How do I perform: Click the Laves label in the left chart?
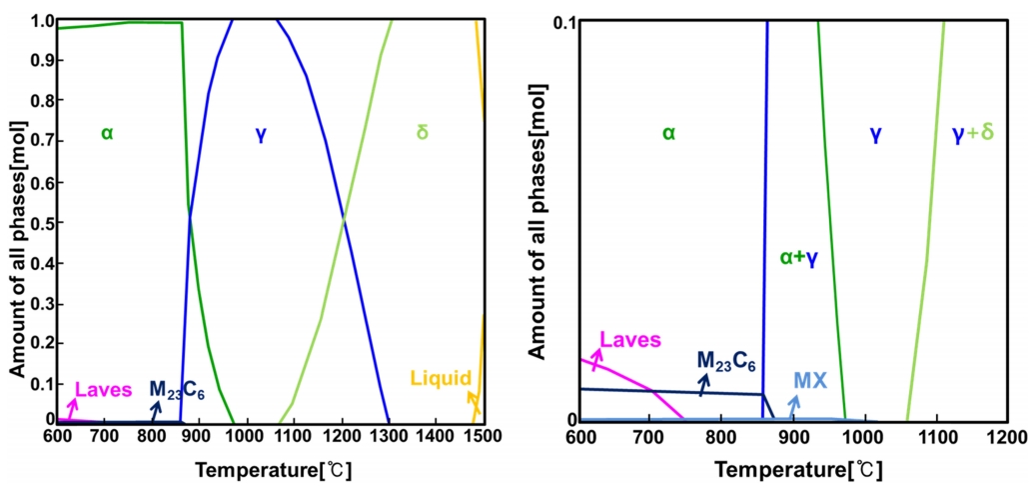[x=104, y=389]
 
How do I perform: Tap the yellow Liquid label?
[x=440, y=378]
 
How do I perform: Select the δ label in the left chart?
[x=422, y=132]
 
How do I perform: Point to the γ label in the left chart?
[x=261, y=132]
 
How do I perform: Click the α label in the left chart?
[x=107, y=132]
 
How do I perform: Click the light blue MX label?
[x=811, y=380]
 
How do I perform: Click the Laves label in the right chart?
[x=630, y=340]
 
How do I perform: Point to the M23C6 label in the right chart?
[x=726, y=360]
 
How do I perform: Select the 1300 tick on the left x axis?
[x=389, y=437]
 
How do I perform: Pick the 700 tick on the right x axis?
[x=650, y=437]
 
